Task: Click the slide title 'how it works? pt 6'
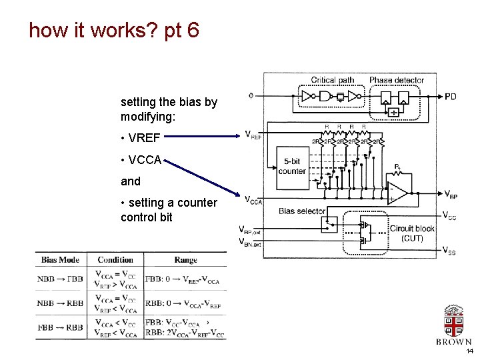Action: click(114, 31)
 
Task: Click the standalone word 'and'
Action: click(131, 181)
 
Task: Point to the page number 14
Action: click(469, 351)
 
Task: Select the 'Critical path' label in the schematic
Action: click(332, 80)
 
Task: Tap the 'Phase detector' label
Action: click(397, 80)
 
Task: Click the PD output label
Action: click(451, 96)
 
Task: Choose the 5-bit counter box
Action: click(292, 166)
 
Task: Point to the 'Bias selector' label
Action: click(302, 211)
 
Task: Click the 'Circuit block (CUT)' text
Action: click(411, 233)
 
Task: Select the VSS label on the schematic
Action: click(449, 251)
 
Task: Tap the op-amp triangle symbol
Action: click(398, 193)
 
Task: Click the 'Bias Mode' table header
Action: click(61, 260)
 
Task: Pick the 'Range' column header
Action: click(185, 260)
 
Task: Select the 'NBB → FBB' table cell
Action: click(61, 279)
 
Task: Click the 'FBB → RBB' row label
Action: click(61, 327)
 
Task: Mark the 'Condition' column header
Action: click(115, 260)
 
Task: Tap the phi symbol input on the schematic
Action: click(251, 96)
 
